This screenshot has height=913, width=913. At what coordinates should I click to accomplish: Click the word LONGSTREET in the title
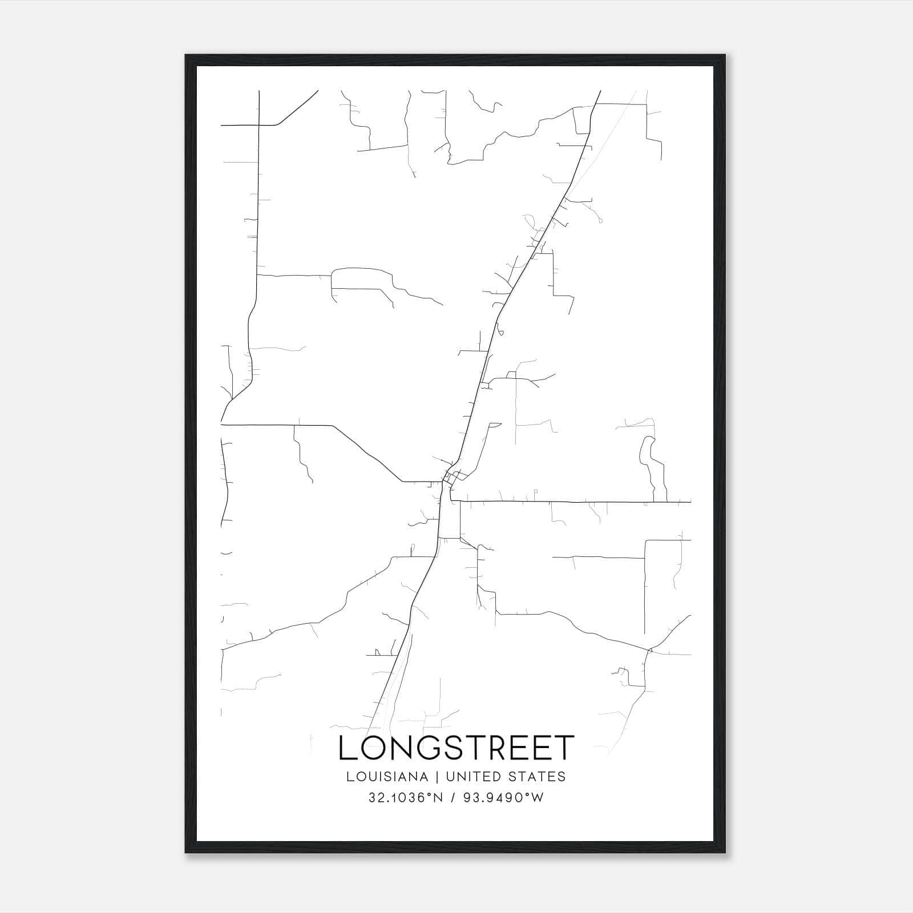456,748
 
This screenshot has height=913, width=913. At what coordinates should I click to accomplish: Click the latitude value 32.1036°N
406,798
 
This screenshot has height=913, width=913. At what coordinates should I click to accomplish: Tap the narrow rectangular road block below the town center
450,520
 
